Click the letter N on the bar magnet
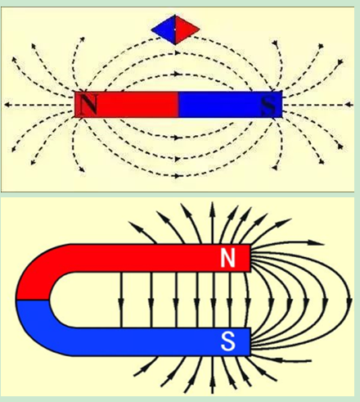coord(88,105)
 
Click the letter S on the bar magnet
coord(268,105)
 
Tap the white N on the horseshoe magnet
coord(227,259)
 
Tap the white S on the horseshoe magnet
coord(227,341)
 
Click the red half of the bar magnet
coord(126,105)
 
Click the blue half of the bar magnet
coord(230,105)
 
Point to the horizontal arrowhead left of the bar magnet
coord(7,105)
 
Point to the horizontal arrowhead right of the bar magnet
coord(349,105)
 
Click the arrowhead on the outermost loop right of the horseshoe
coord(349,302)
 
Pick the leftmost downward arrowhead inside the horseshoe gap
coord(121,304)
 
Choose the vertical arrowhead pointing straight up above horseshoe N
coord(213,209)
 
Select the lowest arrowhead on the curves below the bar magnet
coord(178,176)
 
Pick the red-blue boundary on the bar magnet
coord(178,105)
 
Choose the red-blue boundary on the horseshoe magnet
coord(33,300)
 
